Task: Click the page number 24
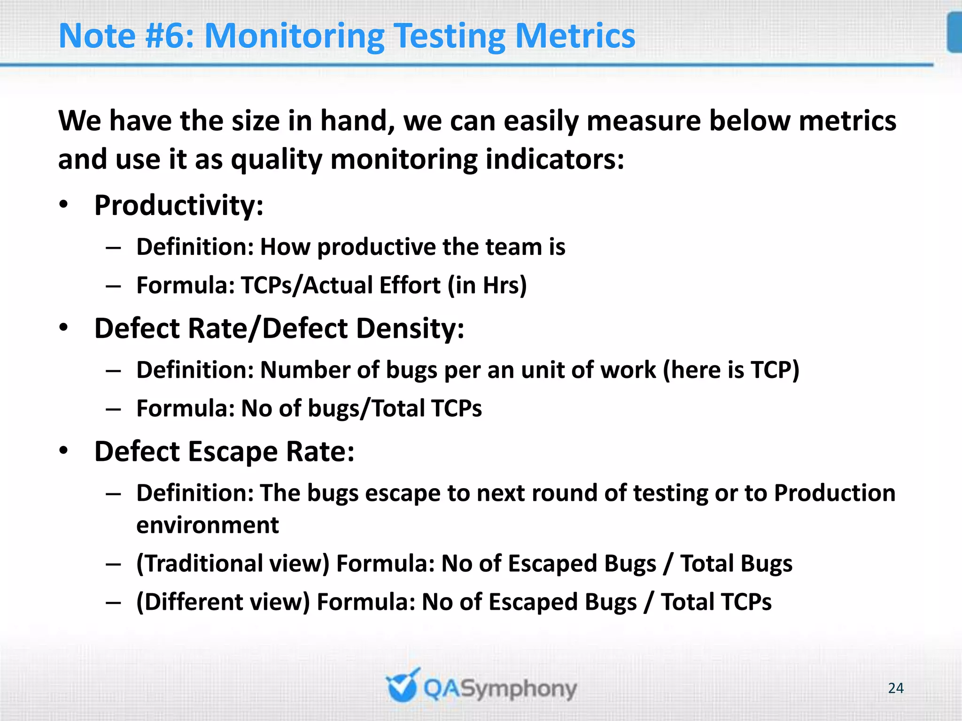(895, 688)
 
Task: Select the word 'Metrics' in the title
(575, 36)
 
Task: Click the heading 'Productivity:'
(178, 206)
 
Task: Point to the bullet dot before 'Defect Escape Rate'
(64, 451)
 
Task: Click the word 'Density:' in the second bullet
(410, 328)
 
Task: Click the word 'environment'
(207, 525)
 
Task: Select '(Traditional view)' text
(233, 563)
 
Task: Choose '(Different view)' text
(223, 602)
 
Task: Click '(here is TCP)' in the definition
(731, 370)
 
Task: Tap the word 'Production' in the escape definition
(834, 493)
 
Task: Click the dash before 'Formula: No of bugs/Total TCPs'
(113, 409)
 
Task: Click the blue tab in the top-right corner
(954, 32)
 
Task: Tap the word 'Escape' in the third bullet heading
(233, 452)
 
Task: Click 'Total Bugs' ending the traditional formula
(736, 563)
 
